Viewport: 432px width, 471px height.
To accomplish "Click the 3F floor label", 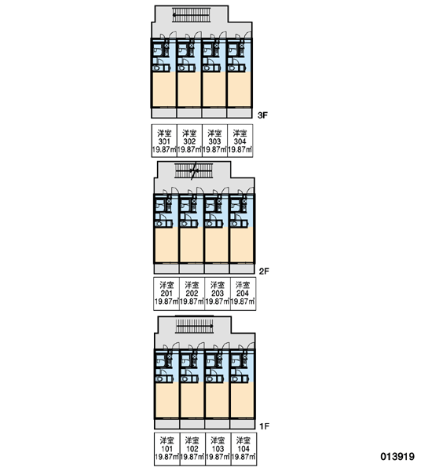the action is tap(262, 115).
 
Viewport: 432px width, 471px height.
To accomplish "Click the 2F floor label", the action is tap(264, 272).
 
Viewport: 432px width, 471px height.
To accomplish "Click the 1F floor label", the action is tap(264, 426).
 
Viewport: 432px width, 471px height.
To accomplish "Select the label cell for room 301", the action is tap(164, 141).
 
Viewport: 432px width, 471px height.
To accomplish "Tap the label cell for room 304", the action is tap(240, 141).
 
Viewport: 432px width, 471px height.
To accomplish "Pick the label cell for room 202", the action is tap(192, 294).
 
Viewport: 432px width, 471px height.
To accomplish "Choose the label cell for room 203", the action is tap(218, 294).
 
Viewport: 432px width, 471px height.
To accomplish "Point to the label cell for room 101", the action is tap(167, 449).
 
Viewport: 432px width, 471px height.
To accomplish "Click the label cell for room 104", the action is tap(243, 449).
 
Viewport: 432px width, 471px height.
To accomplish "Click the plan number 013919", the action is tap(397, 457).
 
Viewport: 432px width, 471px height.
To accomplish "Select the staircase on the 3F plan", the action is tap(191, 15).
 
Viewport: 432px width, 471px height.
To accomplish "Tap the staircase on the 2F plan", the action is tap(193, 171).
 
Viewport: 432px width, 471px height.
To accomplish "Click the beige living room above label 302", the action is tap(189, 89).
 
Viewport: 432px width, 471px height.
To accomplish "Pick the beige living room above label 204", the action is tap(242, 244).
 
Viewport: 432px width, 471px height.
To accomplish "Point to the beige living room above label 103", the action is tap(217, 400).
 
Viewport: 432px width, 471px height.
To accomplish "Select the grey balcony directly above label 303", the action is tap(214, 113).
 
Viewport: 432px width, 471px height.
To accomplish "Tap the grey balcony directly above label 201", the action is tap(167, 268).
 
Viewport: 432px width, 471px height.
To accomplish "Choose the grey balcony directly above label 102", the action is tap(192, 424).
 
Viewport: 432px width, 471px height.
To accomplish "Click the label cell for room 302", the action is tap(189, 141).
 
